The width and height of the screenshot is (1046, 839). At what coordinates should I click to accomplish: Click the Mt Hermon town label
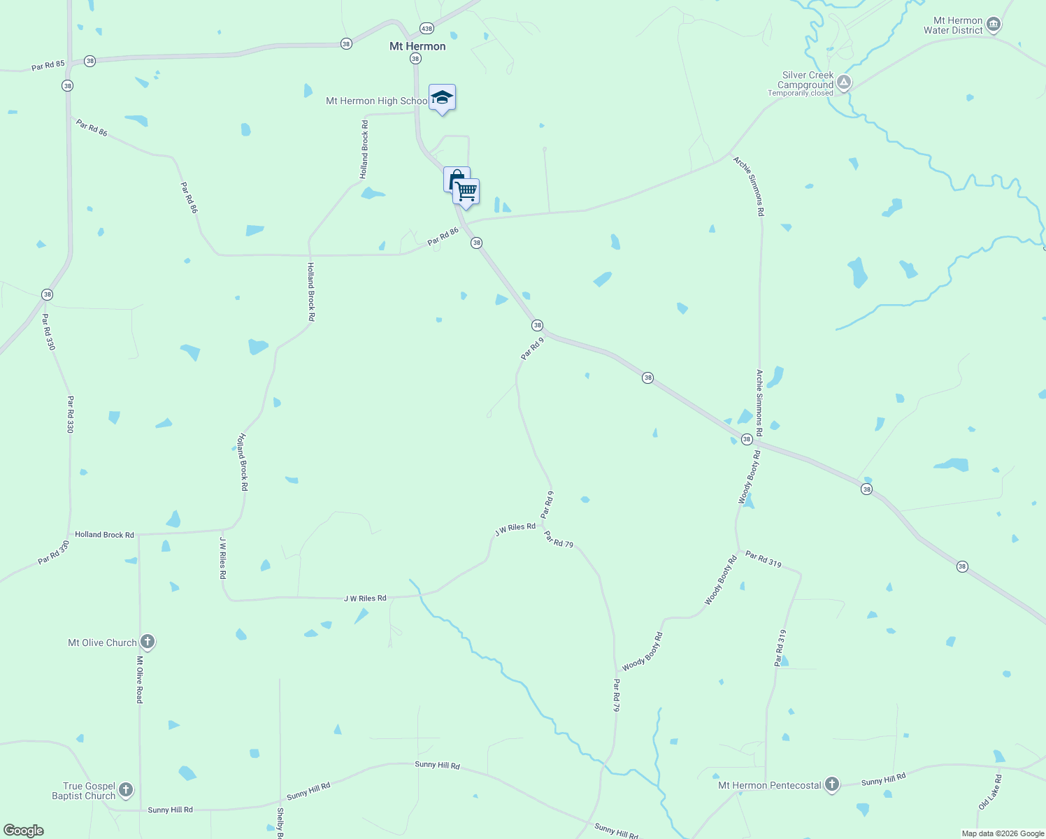pyautogui.click(x=417, y=46)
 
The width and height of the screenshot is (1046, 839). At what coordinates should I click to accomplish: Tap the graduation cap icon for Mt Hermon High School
pyautogui.click(x=442, y=97)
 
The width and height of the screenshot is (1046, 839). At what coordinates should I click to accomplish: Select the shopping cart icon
pyautogui.click(x=466, y=191)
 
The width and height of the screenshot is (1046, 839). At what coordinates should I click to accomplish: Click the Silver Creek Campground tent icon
pyautogui.click(x=844, y=83)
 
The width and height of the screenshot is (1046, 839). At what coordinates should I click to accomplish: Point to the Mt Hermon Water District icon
pyautogui.click(x=993, y=25)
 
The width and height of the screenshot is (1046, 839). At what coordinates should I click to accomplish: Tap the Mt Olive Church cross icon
pyautogui.click(x=147, y=642)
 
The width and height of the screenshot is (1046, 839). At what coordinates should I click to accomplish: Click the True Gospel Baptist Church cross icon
pyautogui.click(x=126, y=790)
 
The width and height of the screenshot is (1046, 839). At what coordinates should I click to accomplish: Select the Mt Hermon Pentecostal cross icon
pyautogui.click(x=831, y=784)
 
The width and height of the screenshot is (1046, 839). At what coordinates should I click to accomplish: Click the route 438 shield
pyautogui.click(x=427, y=29)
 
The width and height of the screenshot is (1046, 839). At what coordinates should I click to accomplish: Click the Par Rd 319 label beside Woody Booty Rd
pyautogui.click(x=764, y=559)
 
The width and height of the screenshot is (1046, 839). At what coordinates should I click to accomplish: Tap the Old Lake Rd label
pyautogui.click(x=990, y=792)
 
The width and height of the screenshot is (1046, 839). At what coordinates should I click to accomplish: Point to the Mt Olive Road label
pyautogui.click(x=140, y=680)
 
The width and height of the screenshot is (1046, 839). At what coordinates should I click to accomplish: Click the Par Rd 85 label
pyautogui.click(x=48, y=65)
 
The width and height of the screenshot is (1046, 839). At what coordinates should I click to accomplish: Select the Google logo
pyautogui.click(x=24, y=830)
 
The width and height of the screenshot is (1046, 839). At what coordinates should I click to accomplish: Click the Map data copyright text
pyautogui.click(x=1003, y=833)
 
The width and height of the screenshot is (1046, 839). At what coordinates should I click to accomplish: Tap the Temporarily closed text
pyautogui.click(x=800, y=94)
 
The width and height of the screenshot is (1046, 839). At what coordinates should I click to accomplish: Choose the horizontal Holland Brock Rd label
pyautogui.click(x=104, y=535)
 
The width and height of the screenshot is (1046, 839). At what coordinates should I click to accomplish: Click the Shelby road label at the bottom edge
pyautogui.click(x=280, y=823)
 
